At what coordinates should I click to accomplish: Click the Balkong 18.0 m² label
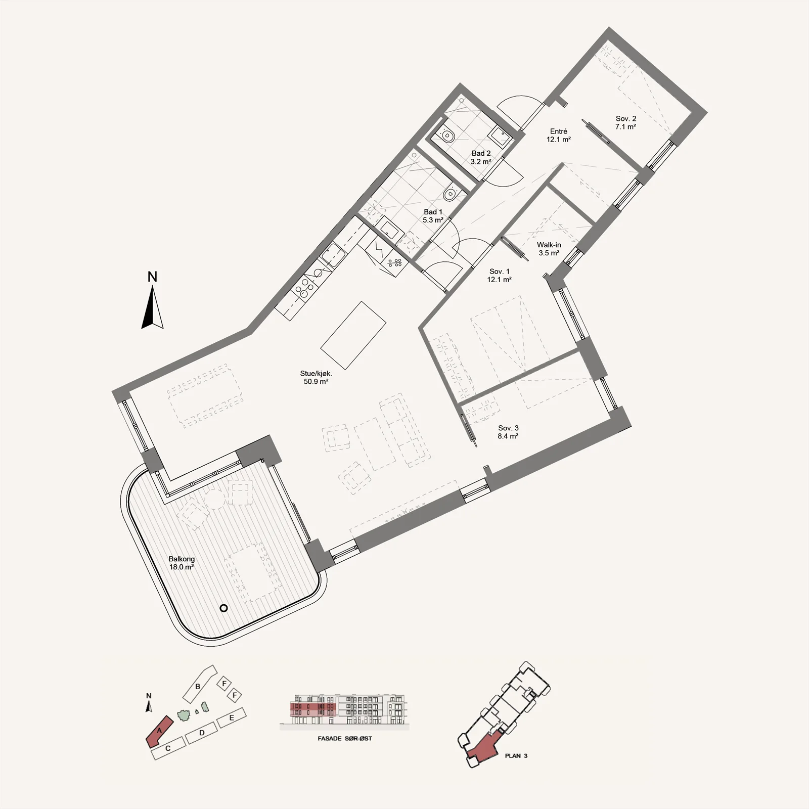pyautogui.click(x=182, y=563)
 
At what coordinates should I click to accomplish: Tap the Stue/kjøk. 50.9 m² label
pyautogui.click(x=316, y=378)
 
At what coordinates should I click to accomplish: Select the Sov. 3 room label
pyautogui.click(x=508, y=432)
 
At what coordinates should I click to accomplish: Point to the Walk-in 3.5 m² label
pyautogui.click(x=549, y=249)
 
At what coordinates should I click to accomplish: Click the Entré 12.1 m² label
pyautogui.click(x=559, y=135)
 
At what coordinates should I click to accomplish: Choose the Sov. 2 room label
pyautogui.click(x=625, y=123)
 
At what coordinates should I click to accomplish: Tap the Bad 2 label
pyautogui.click(x=481, y=157)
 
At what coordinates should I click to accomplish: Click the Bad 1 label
pyautogui.click(x=433, y=216)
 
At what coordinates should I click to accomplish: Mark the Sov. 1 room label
pyautogui.click(x=499, y=275)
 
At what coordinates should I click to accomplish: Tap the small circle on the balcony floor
pyautogui.click(x=223, y=608)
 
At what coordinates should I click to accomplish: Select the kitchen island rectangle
pyautogui.click(x=353, y=335)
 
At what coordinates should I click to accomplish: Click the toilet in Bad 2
pyautogui.click(x=447, y=136)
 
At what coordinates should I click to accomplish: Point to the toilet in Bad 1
pyautogui.click(x=450, y=193)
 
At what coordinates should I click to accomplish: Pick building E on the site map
pyautogui.click(x=232, y=717)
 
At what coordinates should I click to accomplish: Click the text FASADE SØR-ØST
pyautogui.click(x=344, y=739)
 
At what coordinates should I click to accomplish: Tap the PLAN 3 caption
pyautogui.click(x=516, y=756)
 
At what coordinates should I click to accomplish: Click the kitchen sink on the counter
pyautogui.click(x=333, y=255)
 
